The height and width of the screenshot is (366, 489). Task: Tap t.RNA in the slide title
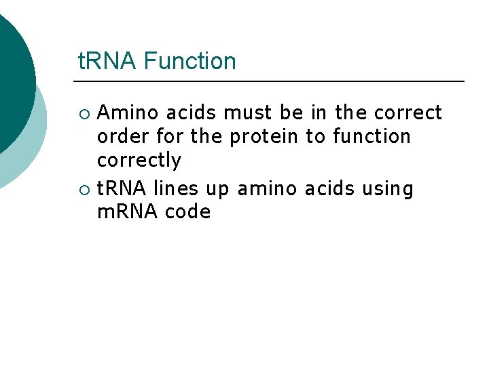[108, 62]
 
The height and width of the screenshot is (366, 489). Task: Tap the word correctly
[139, 161]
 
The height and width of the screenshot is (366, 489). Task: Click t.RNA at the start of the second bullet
[122, 188]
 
